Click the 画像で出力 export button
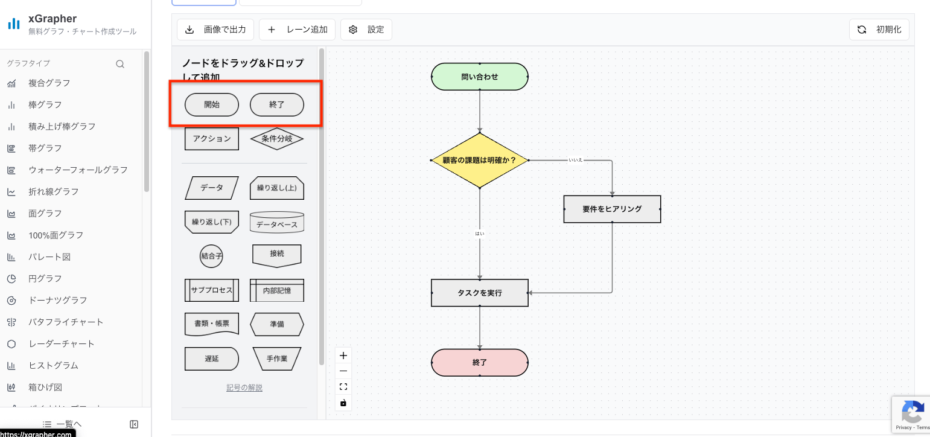coord(215,30)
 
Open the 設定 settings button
coord(366,30)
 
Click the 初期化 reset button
coord(879,30)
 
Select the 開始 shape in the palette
coord(212,104)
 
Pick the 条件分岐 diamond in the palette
coord(277,138)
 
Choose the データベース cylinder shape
coord(277,223)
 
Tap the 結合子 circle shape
coord(212,256)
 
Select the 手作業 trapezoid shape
coord(277,359)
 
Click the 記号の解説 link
coord(244,388)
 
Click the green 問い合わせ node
coord(480,77)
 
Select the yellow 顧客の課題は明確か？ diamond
coord(480,161)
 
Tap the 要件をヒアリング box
coord(612,209)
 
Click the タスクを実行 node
coord(480,293)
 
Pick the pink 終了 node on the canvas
coord(480,363)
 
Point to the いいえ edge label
coord(575,161)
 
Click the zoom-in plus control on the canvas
coord(343,356)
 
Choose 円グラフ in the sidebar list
coord(45,278)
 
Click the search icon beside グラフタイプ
coord(120,64)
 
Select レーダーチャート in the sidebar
coord(62,343)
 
